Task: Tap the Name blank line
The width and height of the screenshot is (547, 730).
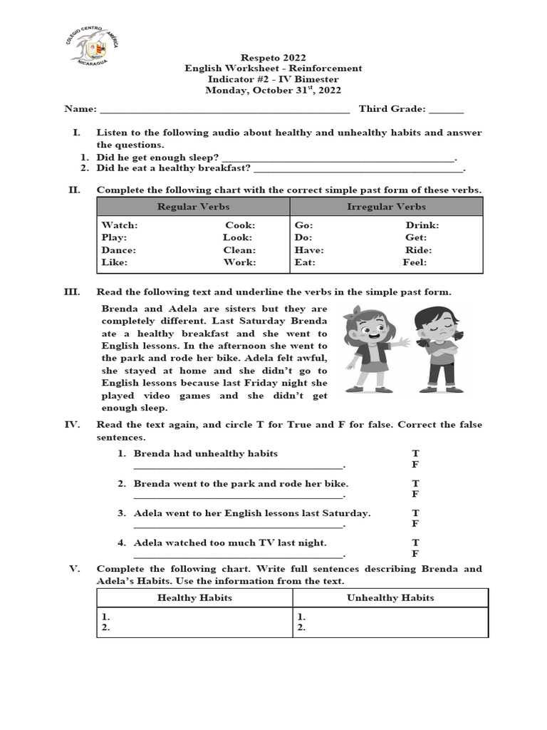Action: (x=224, y=110)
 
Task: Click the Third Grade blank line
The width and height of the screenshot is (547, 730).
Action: (x=446, y=110)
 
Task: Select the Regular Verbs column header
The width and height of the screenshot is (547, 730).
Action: (x=193, y=207)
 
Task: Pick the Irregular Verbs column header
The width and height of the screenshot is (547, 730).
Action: (x=386, y=207)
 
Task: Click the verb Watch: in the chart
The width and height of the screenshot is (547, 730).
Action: (x=120, y=225)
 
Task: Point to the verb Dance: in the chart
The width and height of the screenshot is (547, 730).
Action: (x=119, y=250)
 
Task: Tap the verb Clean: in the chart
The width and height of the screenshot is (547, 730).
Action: (x=239, y=250)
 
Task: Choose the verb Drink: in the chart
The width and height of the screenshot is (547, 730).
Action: (x=422, y=225)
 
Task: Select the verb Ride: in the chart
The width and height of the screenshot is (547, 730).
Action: (x=419, y=250)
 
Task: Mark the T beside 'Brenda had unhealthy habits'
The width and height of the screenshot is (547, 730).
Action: (x=416, y=453)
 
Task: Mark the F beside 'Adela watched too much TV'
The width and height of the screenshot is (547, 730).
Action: (x=416, y=553)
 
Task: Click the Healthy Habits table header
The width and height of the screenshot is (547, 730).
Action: (x=194, y=597)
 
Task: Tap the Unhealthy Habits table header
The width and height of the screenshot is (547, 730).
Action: (x=390, y=597)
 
